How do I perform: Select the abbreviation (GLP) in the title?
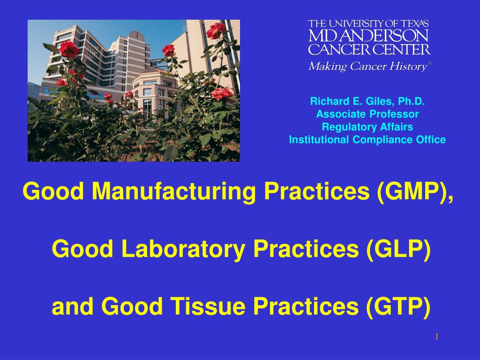click(x=398, y=249)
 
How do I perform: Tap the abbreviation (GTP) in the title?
click(x=398, y=307)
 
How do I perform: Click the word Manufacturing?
click(x=173, y=192)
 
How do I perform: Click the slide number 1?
click(x=437, y=337)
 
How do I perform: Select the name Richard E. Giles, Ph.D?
click(x=367, y=101)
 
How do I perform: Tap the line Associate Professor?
click(x=367, y=114)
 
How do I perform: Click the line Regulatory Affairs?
click(x=367, y=127)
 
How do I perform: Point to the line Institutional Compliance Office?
click(x=367, y=140)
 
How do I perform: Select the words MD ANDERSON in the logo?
click(x=368, y=36)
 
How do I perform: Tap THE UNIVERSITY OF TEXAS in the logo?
click(x=368, y=23)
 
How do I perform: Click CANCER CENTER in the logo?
click(x=369, y=49)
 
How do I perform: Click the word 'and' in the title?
click(x=72, y=307)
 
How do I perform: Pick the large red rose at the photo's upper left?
click(x=68, y=49)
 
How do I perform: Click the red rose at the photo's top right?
click(x=216, y=30)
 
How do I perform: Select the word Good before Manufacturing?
click(x=53, y=192)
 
